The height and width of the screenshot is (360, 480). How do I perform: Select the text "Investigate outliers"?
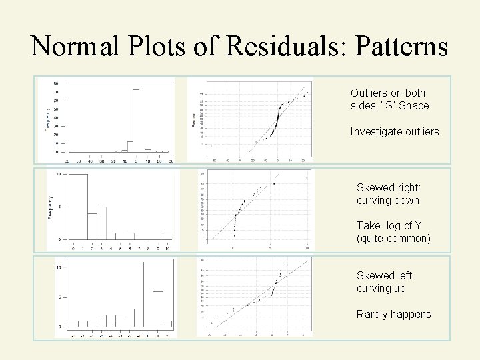[x=395, y=131]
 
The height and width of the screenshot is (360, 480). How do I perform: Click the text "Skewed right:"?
[x=388, y=188]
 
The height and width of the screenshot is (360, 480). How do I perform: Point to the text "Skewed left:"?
[x=385, y=275]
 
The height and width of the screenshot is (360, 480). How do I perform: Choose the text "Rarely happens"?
[x=393, y=313]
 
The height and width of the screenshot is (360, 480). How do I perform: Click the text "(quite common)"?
[x=393, y=238]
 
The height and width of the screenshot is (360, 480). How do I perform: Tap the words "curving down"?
[x=388, y=201]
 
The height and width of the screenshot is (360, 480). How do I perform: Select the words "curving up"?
[x=381, y=288]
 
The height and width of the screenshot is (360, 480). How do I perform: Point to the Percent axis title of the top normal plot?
[x=195, y=120]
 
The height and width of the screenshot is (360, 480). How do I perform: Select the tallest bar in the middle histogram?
[x=79, y=206]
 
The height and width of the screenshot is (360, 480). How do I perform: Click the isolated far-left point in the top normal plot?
[x=211, y=145]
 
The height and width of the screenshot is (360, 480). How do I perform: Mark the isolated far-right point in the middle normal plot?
[x=307, y=178]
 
